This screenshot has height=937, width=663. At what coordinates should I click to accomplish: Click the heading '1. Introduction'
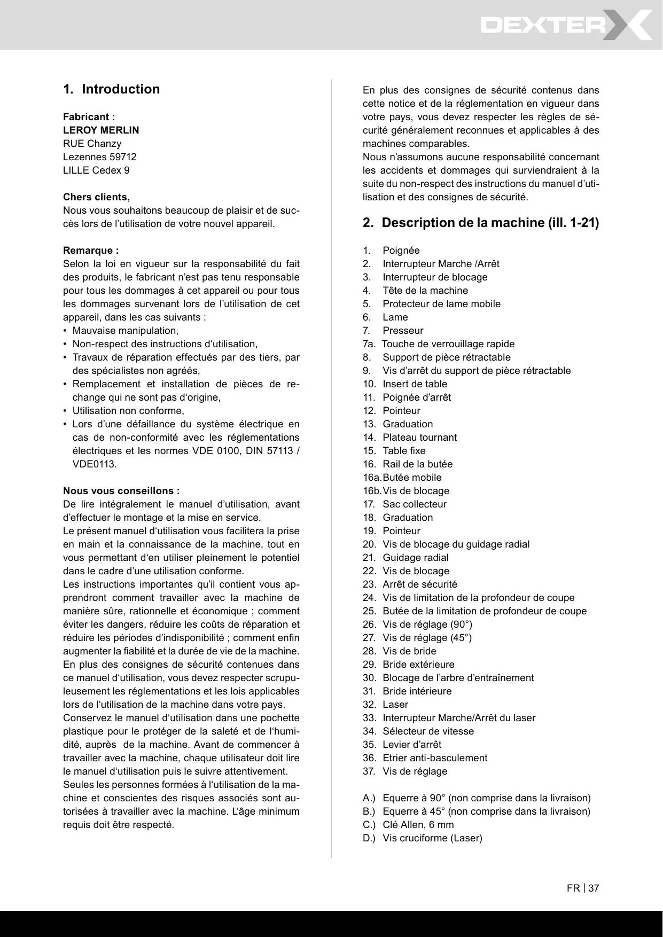[111, 89]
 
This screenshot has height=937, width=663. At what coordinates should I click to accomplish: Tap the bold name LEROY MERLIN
[101, 130]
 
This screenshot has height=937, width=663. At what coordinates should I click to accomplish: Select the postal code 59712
[123, 157]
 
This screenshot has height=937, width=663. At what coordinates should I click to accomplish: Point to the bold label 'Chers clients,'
[96, 197]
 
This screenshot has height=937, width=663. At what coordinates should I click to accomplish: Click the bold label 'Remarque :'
[91, 251]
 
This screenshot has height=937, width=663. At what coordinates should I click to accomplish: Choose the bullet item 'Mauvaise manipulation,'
[125, 331]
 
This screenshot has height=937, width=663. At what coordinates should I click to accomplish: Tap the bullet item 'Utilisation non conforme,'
[128, 411]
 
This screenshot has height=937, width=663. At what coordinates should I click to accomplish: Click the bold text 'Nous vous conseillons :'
[121, 491]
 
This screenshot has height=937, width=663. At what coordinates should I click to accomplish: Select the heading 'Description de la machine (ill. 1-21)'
[490, 223]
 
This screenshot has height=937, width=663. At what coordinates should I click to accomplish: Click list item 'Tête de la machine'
[425, 291]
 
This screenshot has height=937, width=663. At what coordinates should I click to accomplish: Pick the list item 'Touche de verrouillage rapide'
[448, 344]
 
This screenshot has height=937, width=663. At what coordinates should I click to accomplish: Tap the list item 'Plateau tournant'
[419, 438]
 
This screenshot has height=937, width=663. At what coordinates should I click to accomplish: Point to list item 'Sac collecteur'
[414, 504]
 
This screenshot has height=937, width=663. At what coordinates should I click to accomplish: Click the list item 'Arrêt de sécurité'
[419, 584]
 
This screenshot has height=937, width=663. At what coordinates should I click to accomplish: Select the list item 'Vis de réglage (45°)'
[427, 638]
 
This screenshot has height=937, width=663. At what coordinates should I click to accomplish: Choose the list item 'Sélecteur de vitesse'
[428, 731]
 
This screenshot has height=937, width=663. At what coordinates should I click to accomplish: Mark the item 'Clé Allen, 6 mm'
[418, 825]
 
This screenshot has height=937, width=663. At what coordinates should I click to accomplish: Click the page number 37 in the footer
[594, 888]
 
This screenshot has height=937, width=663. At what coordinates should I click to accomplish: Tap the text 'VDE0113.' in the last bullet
[94, 464]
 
